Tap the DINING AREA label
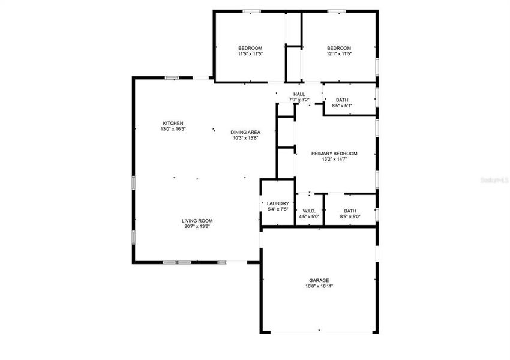(x=245, y=132)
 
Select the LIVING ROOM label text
(x=197, y=221)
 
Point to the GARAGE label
(x=319, y=280)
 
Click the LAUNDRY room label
(x=278, y=203)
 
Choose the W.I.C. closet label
(x=310, y=211)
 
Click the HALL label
(x=299, y=94)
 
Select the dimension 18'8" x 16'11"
(x=319, y=286)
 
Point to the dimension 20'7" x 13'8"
(x=197, y=227)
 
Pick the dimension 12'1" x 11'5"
(x=339, y=54)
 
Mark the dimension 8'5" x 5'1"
(x=342, y=106)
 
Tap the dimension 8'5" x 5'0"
(x=350, y=217)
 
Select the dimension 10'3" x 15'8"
(x=245, y=138)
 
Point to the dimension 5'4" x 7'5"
(x=278, y=209)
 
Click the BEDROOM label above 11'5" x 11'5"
(x=250, y=48)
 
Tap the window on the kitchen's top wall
(x=172, y=77)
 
